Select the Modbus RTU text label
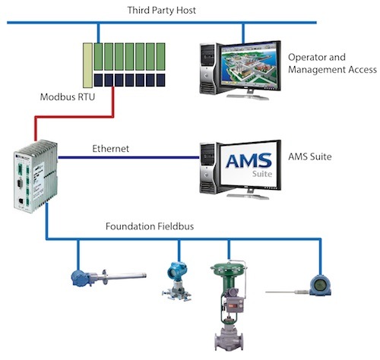[65, 98]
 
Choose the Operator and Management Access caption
[332, 64]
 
